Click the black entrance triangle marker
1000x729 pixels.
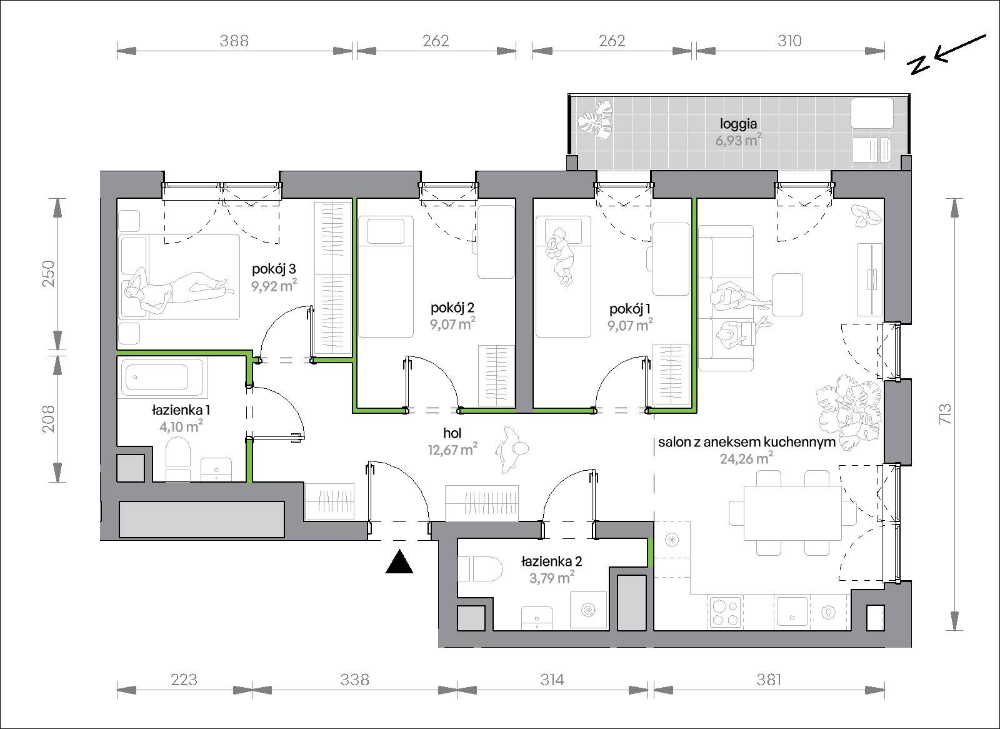point(399,562)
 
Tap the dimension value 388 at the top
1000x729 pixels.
point(234,41)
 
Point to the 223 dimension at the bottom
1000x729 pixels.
point(184,680)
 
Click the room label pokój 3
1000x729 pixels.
point(274,269)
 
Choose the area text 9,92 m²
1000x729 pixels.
point(274,286)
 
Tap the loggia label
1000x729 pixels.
point(738,124)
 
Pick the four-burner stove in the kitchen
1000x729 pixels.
point(726,613)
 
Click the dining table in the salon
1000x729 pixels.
point(792,513)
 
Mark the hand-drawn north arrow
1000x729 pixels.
point(946,55)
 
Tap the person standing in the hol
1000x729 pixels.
point(512,449)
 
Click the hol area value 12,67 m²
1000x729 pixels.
point(452,450)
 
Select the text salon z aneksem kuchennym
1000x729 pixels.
point(746,442)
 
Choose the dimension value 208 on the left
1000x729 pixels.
point(49,418)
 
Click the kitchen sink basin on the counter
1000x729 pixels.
point(792,612)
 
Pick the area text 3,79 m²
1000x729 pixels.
point(552,578)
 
